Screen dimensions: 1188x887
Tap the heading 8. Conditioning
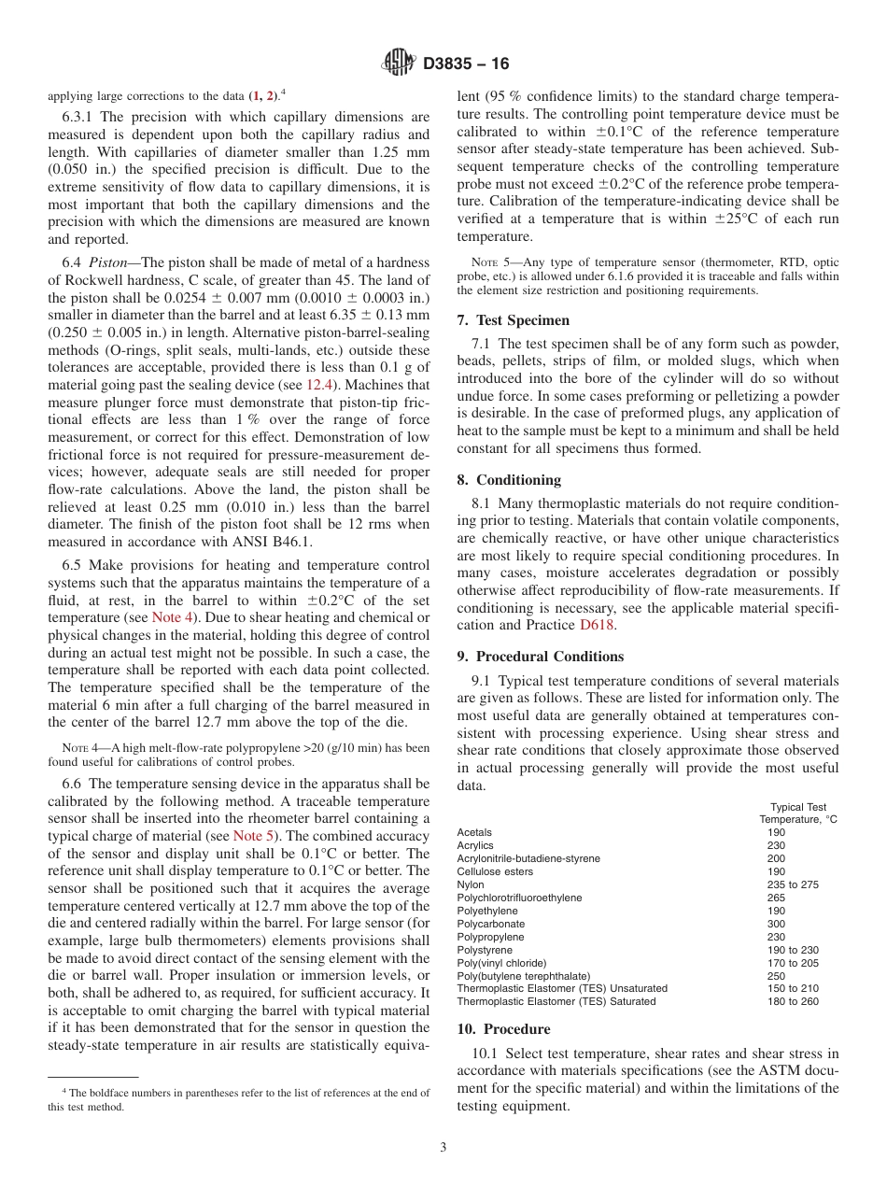(x=509, y=480)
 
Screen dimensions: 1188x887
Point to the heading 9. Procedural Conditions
(x=541, y=657)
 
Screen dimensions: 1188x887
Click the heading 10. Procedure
(x=503, y=1029)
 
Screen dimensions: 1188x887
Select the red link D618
(x=597, y=625)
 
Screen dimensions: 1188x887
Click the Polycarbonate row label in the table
(x=491, y=924)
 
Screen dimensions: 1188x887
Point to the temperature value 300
(x=776, y=924)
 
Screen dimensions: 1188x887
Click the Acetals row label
(x=474, y=832)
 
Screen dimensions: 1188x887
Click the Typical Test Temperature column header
(x=797, y=813)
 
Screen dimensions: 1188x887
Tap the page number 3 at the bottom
(x=443, y=1147)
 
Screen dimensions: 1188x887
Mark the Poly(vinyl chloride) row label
(x=501, y=963)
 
